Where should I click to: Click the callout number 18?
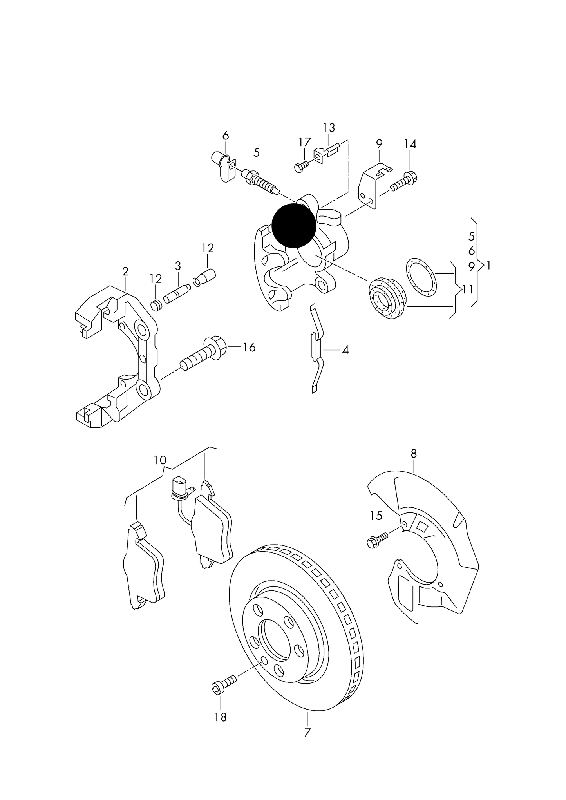point(221,717)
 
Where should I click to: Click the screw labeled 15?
point(376,540)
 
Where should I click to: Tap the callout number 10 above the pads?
point(160,460)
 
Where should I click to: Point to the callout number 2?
point(125,271)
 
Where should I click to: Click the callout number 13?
point(329,128)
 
